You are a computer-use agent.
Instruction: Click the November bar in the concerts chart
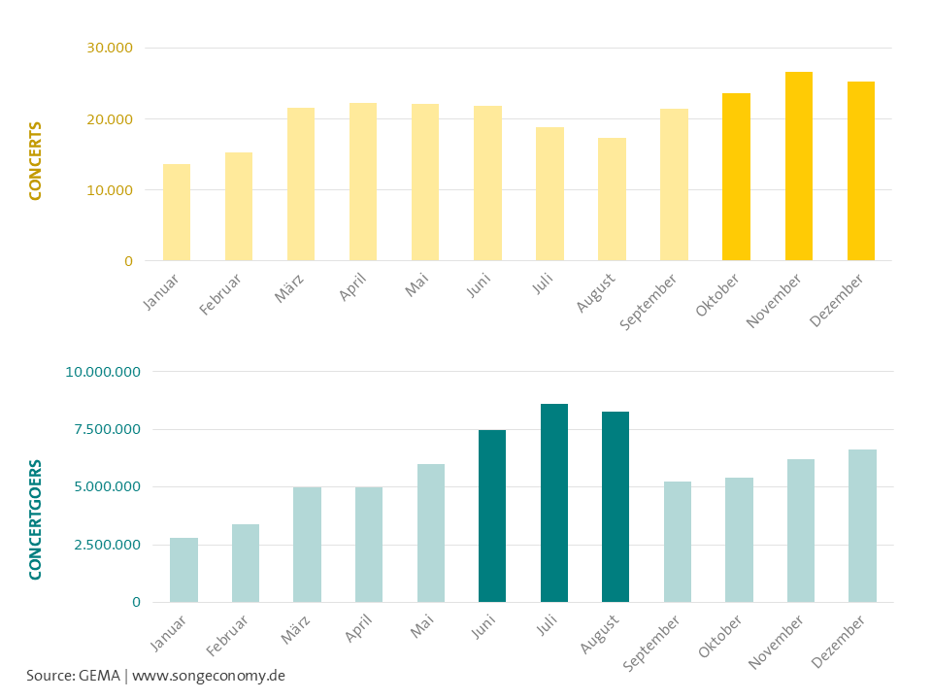[x=798, y=166]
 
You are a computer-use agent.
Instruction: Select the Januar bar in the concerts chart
[x=177, y=213]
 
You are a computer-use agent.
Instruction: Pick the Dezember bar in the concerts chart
[x=860, y=171]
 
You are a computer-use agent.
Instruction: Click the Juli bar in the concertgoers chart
[x=553, y=503]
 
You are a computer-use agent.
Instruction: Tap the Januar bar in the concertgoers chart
[x=183, y=570]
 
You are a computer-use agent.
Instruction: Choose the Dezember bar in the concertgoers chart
[x=862, y=525]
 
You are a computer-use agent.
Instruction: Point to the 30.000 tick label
[x=111, y=49]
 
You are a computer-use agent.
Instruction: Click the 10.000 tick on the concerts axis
[x=111, y=190]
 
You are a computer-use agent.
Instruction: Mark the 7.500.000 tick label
[x=103, y=430]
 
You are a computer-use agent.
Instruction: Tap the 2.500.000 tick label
[x=103, y=545]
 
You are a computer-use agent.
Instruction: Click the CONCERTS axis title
[x=36, y=161]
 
